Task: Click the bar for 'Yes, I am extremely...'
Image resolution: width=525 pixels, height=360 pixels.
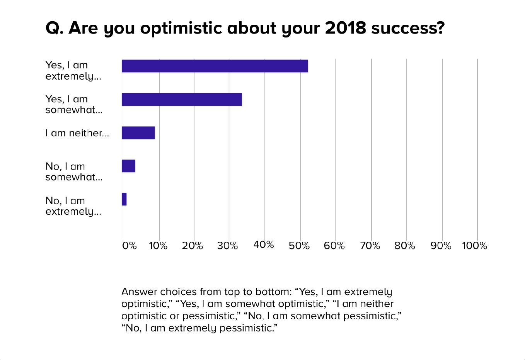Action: (215, 66)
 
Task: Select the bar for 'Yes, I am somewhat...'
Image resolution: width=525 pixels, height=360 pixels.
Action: (182, 100)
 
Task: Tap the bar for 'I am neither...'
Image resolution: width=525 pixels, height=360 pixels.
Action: (138, 133)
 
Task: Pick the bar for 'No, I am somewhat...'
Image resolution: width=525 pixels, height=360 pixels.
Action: (128, 166)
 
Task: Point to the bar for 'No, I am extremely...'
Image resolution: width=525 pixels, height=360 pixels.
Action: (124, 199)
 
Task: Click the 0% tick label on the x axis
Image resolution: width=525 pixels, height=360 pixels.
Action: (129, 246)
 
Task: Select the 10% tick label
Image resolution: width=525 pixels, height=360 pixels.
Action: (158, 246)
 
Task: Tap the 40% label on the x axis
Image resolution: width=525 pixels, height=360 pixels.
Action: (264, 245)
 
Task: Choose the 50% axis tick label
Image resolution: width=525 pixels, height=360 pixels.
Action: (299, 246)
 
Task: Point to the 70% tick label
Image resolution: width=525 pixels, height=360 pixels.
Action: (370, 246)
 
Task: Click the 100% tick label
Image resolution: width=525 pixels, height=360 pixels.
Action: (474, 246)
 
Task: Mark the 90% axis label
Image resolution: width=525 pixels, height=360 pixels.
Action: (441, 246)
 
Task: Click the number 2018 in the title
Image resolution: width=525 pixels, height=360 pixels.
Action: (345, 28)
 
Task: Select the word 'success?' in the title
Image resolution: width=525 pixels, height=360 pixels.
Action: (408, 28)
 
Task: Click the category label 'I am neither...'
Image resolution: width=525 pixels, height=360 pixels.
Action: (77, 133)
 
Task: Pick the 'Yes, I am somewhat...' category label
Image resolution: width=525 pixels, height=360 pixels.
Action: (74, 104)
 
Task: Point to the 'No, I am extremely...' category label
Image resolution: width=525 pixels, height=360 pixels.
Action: (73, 206)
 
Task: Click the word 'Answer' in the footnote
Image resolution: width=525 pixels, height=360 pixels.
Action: (139, 292)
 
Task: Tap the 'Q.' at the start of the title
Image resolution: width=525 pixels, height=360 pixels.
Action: (55, 28)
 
